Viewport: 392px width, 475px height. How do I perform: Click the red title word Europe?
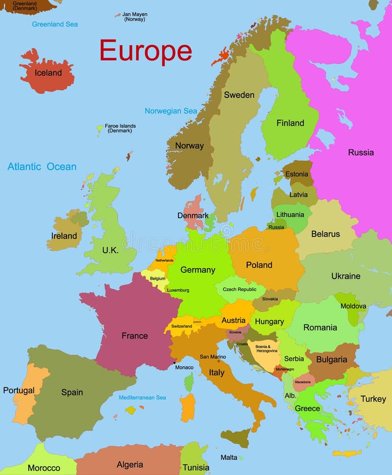coord(146,51)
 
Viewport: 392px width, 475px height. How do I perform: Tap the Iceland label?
coord(48,73)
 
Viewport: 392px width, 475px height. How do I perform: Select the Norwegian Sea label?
coord(171,111)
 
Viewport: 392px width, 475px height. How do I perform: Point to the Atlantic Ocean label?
coord(42,167)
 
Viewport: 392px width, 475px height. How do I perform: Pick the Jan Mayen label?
coord(134,17)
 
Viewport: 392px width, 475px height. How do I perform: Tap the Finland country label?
coord(290,123)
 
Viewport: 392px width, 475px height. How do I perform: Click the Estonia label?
coord(296,175)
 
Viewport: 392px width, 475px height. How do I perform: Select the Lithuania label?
coord(290,215)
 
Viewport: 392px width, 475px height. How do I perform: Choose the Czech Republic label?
coord(239,289)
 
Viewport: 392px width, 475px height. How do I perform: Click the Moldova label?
coord(353,306)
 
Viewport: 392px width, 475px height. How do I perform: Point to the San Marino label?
coord(212,357)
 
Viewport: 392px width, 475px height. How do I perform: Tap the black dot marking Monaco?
coord(174,363)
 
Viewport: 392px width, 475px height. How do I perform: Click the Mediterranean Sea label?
coord(142,397)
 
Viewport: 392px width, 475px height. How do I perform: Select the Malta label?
coord(229,458)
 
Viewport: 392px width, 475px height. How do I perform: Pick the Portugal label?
coord(18,391)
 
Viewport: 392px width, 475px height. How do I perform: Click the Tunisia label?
coord(195,468)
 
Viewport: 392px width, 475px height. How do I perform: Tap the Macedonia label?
coord(303,382)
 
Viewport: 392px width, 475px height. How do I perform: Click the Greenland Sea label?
coord(55,24)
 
